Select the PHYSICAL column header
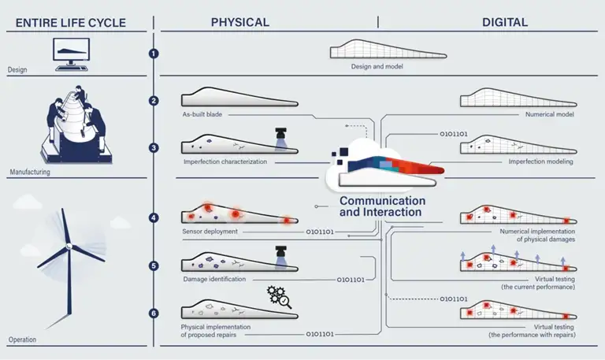pyautogui.click(x=239, y=22)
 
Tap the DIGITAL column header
pyautogui.click(x=505, y=22)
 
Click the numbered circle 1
pyautogui.click(x=154, y=54)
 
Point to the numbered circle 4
pyautogui.click(x=154, y=217)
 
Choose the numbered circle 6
pyautogui.click(x=154, y=314)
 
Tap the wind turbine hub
pyautogui.click(x=69, y=247)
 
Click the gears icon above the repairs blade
pyautogui.click(x=280, y=297)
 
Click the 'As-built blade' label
pyautogui.click(x=199, y=114)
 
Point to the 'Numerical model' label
pyautogui.click(x=551, y=114)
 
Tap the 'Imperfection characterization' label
pyautogui.click(x=225, y=162)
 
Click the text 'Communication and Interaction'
pyautogui.click(x=382, y=206)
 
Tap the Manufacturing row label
pyautogui.click(x=30, y=171)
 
